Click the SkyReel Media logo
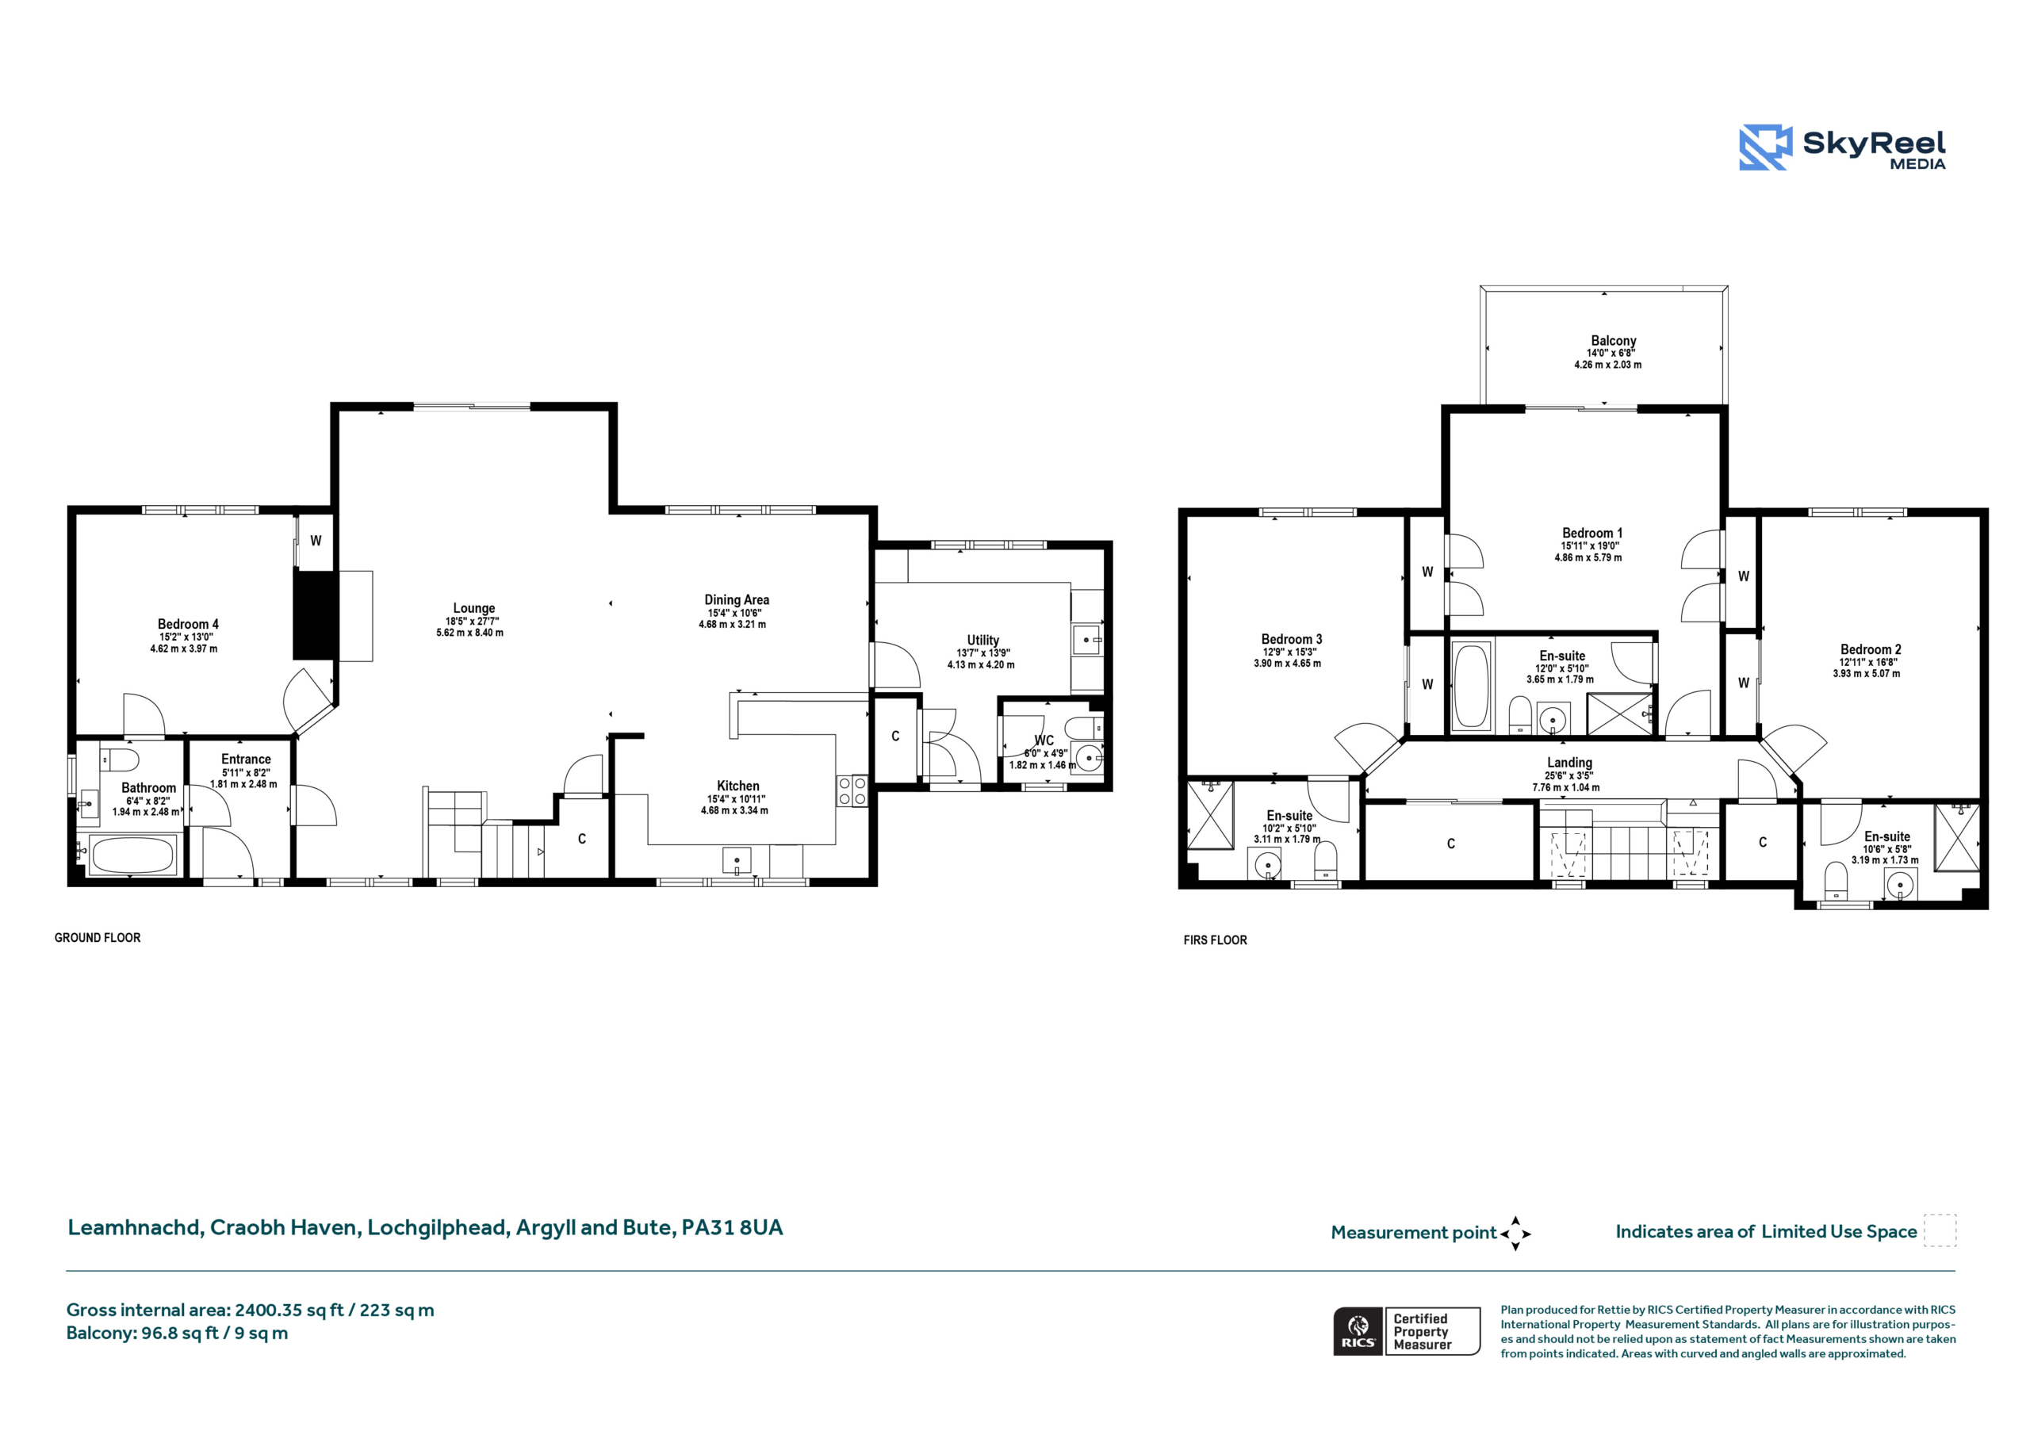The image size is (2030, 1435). point(1842,147)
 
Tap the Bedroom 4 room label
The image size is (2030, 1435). point(187,624)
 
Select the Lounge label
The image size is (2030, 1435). point(474,608)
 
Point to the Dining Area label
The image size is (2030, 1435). point(737,599)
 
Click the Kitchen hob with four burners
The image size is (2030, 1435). point(852,790)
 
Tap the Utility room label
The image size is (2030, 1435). point(983,640)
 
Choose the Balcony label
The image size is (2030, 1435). point(1614,340)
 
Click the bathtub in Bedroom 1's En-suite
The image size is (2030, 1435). point(1471,685)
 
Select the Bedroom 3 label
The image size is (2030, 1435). point(1292,639)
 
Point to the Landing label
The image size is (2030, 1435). point(1569,763)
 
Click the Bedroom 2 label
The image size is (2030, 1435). point(1871,649)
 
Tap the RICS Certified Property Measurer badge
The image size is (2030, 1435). point(1407,1330)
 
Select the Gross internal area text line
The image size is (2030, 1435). point(251,1310)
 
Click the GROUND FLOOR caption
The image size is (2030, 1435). point(98,937)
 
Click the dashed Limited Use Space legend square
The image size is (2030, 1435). point(1940,1230)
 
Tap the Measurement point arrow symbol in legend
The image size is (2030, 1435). point(1515,1234)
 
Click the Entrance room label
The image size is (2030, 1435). point(246,760)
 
